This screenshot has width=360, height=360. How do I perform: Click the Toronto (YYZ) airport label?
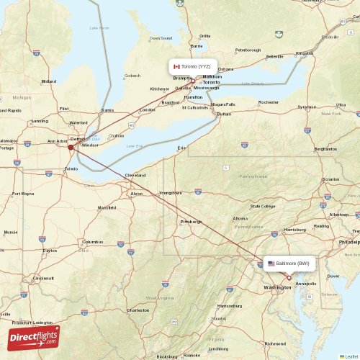[193, 66]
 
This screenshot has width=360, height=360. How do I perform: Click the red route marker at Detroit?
[71, 147]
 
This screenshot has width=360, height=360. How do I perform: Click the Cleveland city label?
[135, 175]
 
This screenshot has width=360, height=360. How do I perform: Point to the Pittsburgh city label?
[191, 222]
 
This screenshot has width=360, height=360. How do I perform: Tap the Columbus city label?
[92, 242]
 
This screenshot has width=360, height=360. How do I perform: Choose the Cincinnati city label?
[42, 278]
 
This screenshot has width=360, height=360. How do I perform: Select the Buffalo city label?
[225, 114]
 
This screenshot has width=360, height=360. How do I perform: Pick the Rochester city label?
[269, 102]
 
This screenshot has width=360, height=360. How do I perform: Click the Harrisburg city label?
[295, 229]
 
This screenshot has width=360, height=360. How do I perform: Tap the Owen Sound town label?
[161, 37]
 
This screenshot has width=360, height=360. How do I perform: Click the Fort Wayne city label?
[22, 194]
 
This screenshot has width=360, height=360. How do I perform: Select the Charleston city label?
[138, 310]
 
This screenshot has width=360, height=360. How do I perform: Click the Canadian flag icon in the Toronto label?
[176, 66]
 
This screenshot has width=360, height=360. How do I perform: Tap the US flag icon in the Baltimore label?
[271, 264]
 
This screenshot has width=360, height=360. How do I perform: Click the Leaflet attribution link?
[350, 356]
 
